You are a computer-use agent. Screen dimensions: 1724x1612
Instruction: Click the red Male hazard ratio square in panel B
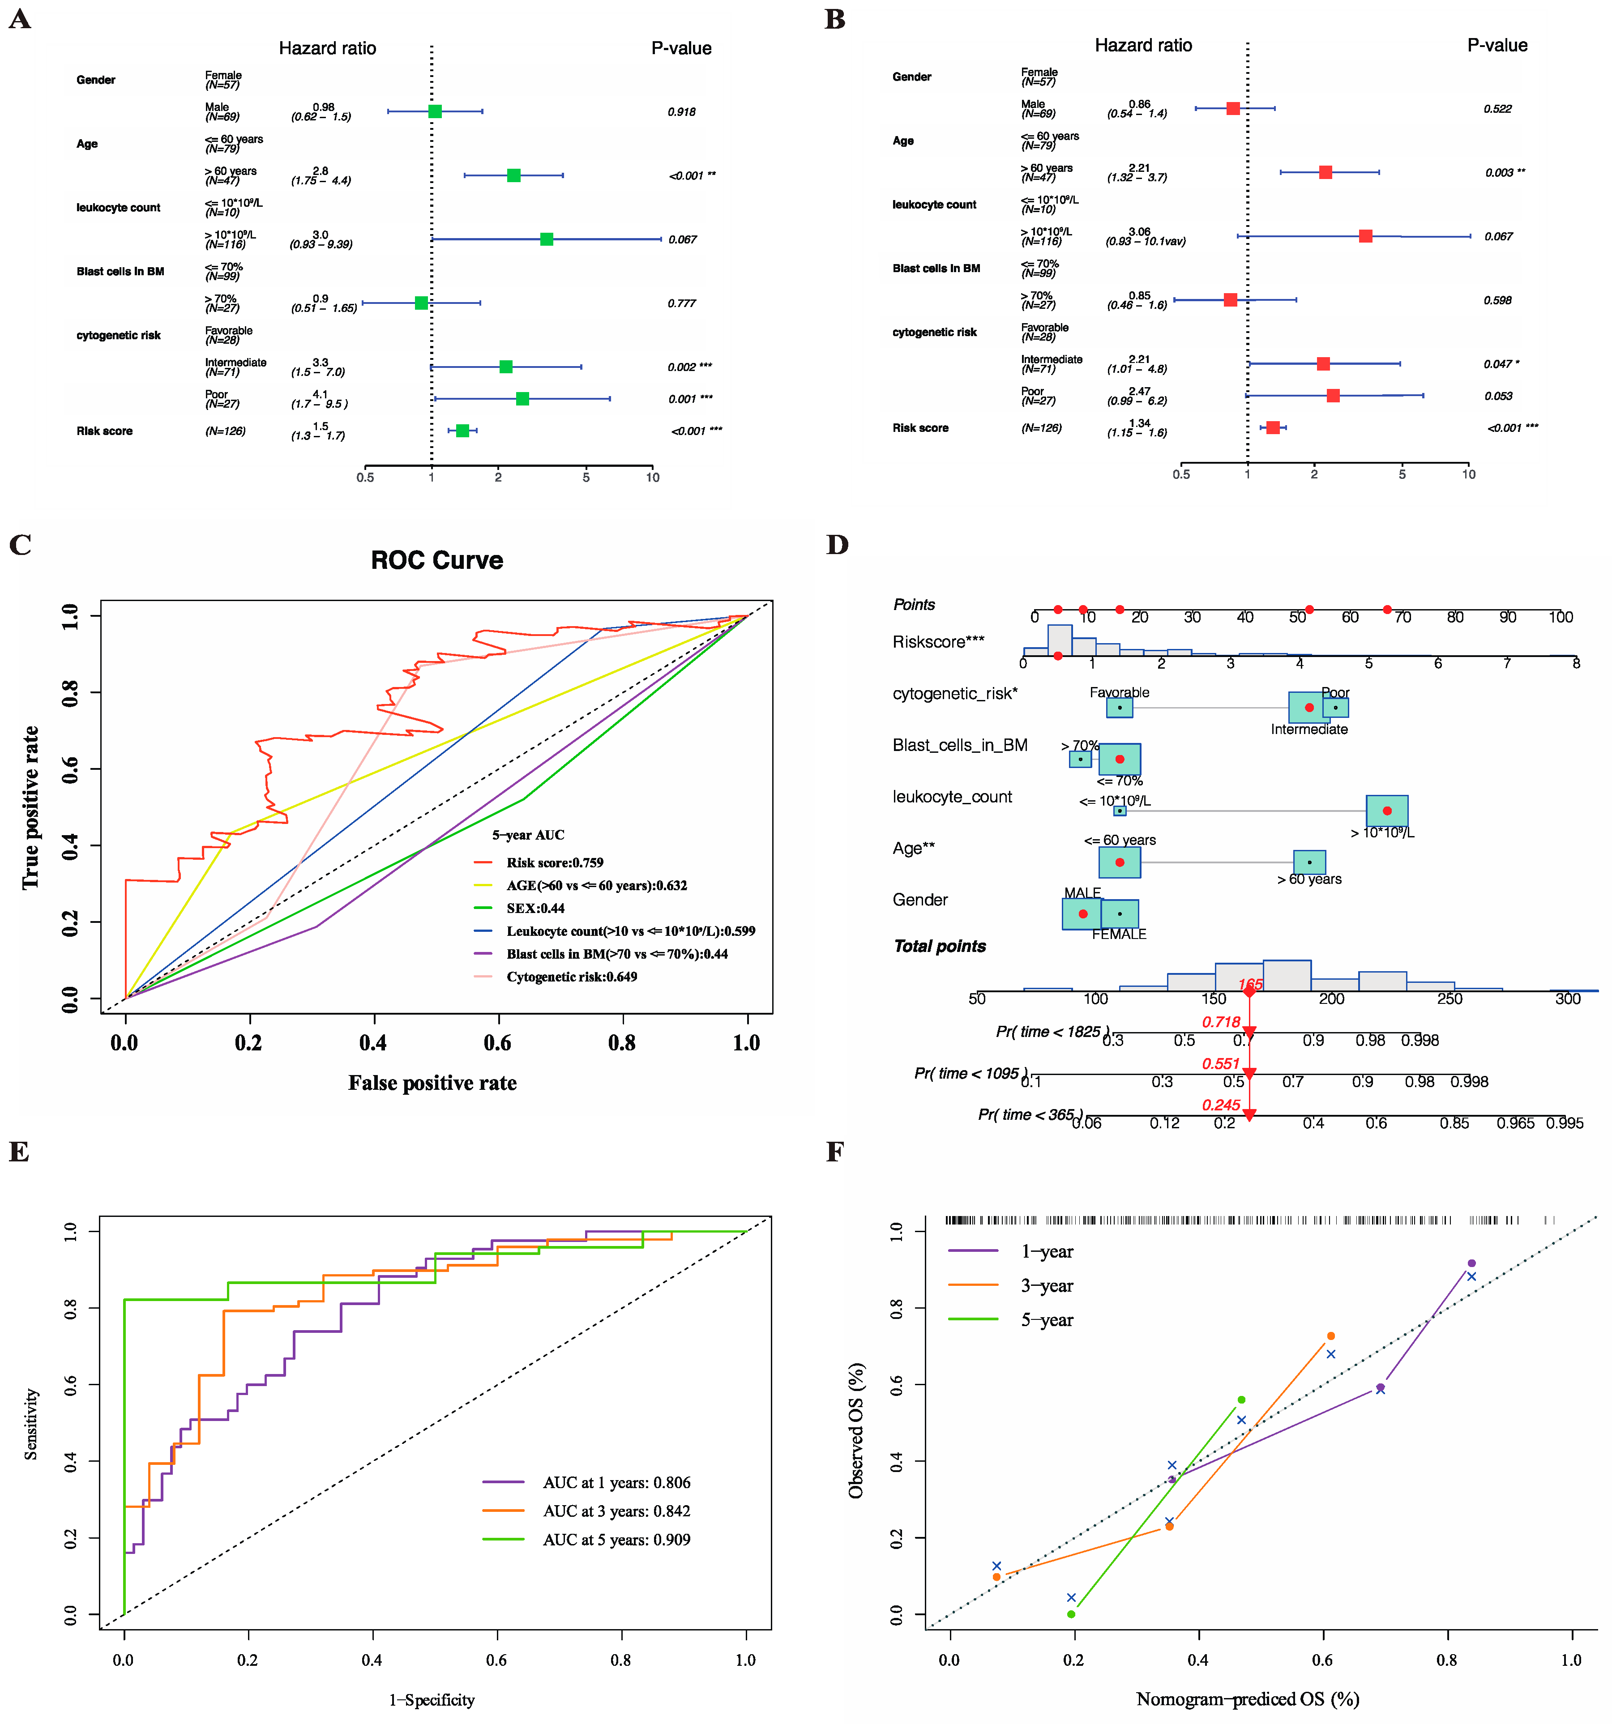(1233, 108)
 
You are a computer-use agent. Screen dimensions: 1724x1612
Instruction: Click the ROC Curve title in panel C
(436, 560)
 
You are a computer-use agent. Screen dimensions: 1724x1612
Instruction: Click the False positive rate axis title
(432, 1083)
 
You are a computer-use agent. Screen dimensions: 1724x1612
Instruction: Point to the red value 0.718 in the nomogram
(1221, 1022)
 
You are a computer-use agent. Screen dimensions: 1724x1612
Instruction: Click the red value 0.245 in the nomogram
(1221, 1105)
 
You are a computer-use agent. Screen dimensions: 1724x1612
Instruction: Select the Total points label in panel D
(940, 946)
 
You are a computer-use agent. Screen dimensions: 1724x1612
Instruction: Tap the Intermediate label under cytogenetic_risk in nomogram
(1308, 730)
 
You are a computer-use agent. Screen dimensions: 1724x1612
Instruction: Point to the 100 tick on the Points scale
(1560, 618)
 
